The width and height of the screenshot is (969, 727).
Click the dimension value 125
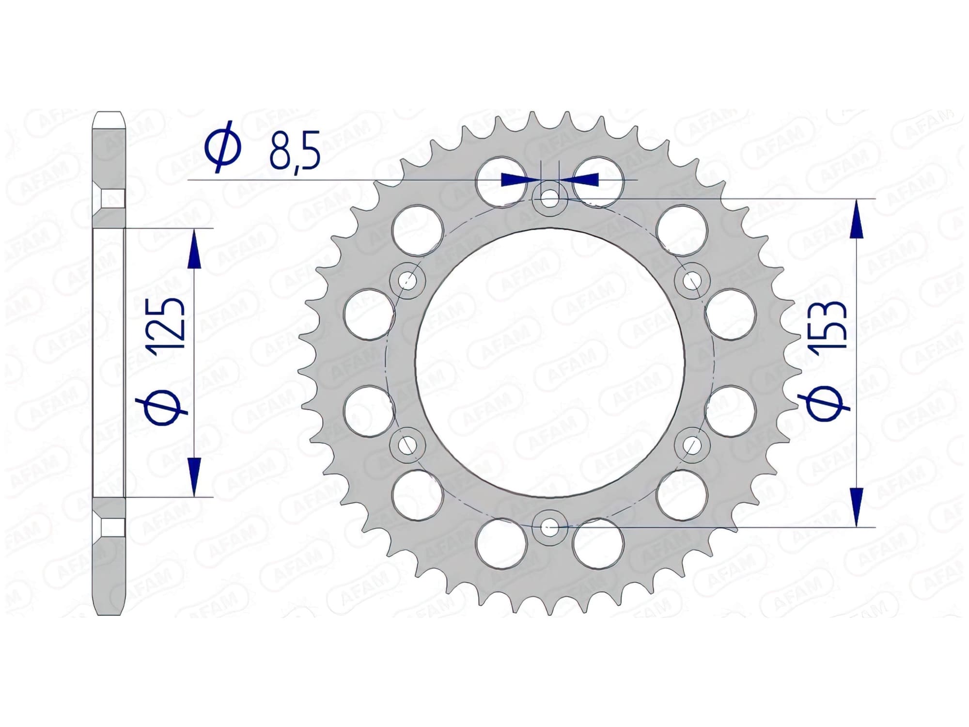(x=167, y=324)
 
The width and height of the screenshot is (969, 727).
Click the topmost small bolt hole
(x=549, y=198)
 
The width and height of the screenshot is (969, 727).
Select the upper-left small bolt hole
(x=407, y=280)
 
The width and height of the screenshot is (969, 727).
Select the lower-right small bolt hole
(x=692, y=444)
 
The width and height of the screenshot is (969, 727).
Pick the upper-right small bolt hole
(x=692, y=280)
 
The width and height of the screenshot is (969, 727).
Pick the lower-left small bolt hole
(x=407, y=444)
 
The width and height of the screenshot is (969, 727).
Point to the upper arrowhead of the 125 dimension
(x=194, y=249)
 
